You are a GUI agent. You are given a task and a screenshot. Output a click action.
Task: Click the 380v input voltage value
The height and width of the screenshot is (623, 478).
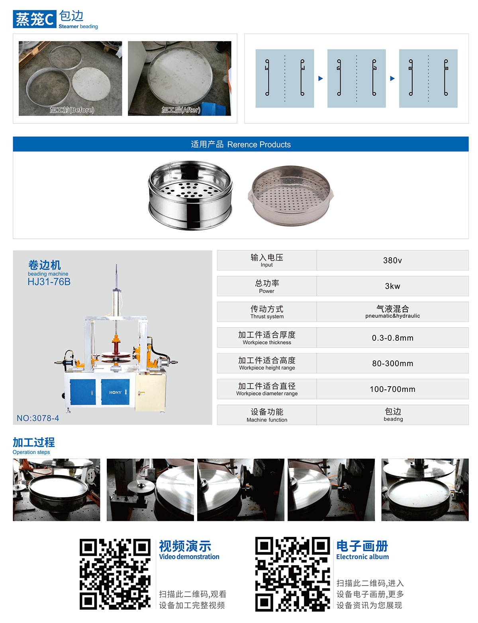click(x=392, y=260)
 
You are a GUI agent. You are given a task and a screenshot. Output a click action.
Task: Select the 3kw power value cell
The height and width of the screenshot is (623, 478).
click(x=392, y=286)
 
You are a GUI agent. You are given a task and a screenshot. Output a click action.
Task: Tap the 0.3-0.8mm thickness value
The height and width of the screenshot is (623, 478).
click(x=392, y=338)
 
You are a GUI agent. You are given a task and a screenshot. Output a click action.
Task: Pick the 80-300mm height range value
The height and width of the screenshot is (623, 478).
click(x=392, y=364)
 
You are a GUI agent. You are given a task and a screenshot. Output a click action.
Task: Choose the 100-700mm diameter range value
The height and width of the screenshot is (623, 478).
click(x=392, y=389)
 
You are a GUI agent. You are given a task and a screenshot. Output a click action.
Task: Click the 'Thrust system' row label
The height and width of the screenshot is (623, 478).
click(x=267, y=316)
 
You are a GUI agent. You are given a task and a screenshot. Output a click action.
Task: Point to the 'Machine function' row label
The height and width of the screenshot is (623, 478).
click(x=267, y=420)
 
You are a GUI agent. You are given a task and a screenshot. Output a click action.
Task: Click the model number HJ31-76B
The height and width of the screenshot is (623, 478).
click(x=49, y=282)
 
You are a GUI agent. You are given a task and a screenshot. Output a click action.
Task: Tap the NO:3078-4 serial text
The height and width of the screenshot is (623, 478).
click(x=38, y=418)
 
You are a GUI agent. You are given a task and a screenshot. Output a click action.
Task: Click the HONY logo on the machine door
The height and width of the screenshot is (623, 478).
click(x=116, y=392)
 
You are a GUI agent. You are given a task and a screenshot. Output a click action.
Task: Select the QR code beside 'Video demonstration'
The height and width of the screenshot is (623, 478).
click(x=115, y=574)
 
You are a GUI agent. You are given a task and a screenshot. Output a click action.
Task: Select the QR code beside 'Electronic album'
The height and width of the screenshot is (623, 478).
click(x=292, y=574)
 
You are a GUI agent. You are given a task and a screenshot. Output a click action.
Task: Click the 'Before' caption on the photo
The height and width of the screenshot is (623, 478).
click(x=72, y=110)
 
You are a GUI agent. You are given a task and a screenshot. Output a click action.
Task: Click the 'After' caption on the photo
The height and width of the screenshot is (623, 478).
click(x=181, y=110)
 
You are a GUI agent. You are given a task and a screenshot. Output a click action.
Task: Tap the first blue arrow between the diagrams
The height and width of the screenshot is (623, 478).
click(x=321, y=79)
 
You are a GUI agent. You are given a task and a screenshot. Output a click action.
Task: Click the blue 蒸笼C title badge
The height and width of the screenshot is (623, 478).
click(x=34, y=19)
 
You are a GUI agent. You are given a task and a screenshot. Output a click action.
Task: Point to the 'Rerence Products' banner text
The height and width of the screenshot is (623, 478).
click(x=259, y=144)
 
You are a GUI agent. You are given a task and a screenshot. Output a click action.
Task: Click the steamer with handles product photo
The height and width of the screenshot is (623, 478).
click(x=291, y=195)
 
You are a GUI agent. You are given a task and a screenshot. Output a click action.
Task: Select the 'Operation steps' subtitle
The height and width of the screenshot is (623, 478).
click(x=31, y=452)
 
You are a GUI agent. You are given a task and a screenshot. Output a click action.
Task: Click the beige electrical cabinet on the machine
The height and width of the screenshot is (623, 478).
click(x=150, y=393)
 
